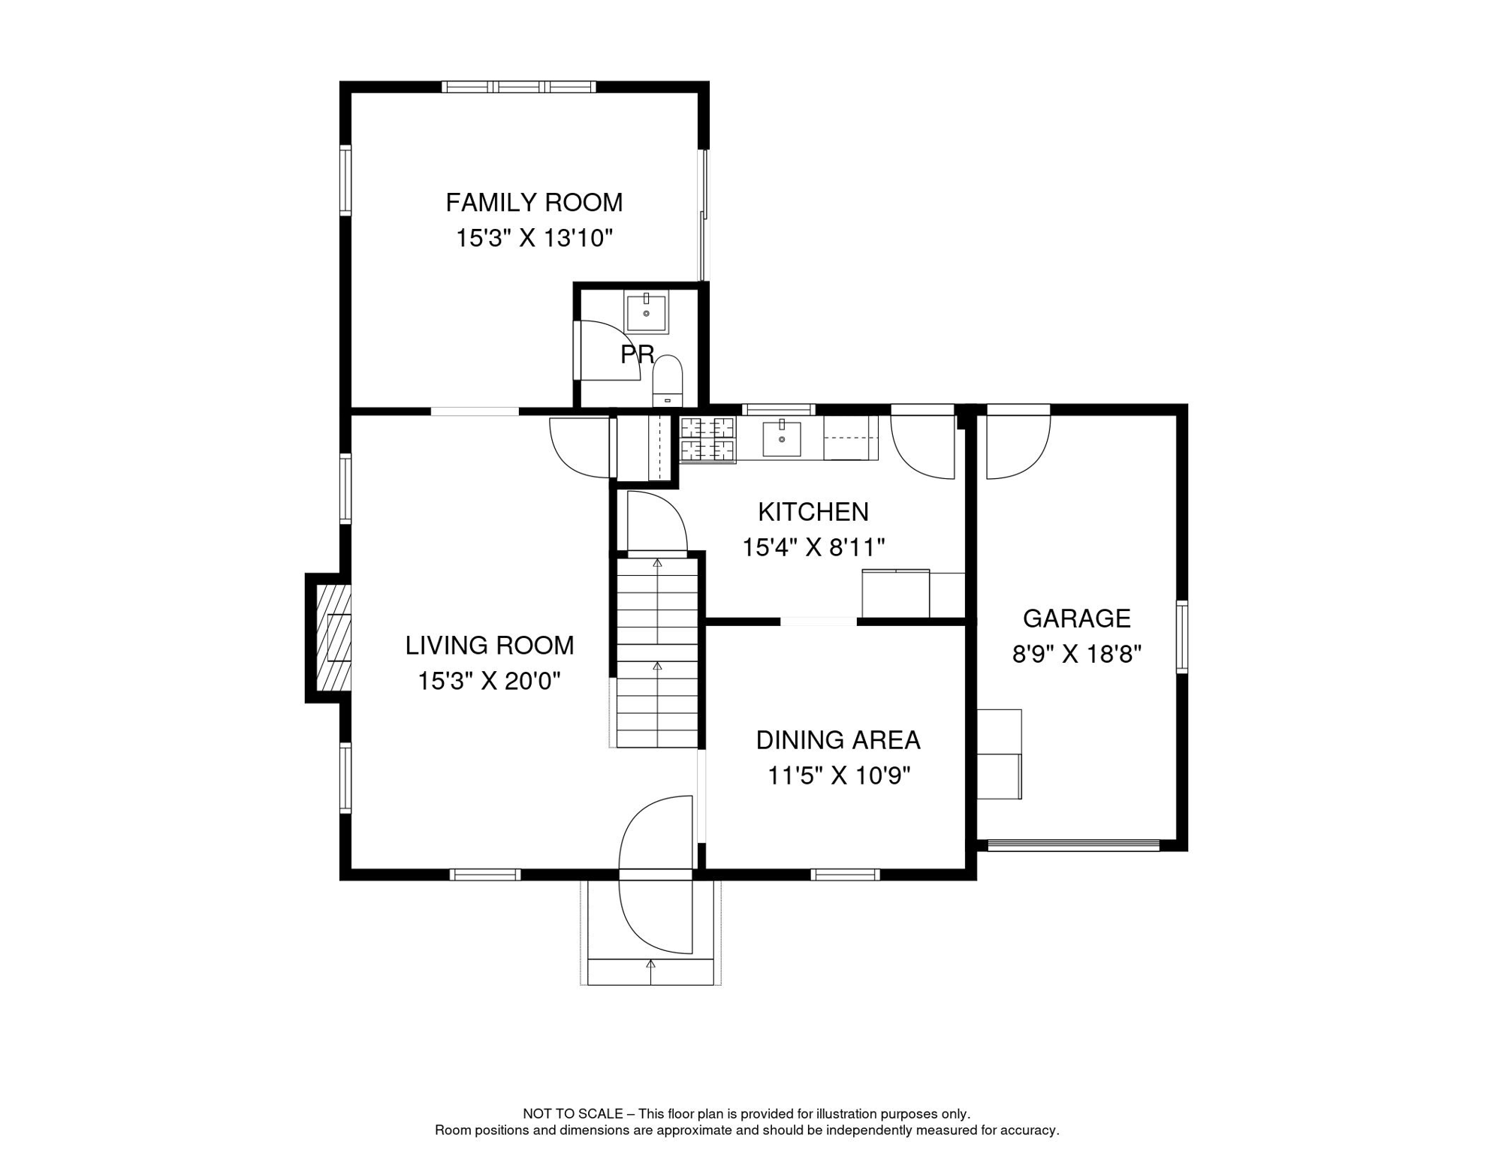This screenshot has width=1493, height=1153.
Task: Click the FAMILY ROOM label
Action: (534, 203)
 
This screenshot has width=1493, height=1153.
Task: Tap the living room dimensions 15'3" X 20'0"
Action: (489, 681)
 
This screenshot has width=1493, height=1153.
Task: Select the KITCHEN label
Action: (813, 512)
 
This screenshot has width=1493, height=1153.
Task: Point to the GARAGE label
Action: (1076, 619)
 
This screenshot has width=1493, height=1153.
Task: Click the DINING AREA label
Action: (838, 740)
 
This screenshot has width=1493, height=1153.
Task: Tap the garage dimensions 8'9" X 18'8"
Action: (1076, 655)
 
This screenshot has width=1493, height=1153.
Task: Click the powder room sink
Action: (646, 313)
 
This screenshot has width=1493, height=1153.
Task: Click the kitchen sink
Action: (781, 438)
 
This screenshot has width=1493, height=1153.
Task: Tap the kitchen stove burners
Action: (707, 439)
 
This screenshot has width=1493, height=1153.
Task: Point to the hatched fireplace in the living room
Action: (333, 638)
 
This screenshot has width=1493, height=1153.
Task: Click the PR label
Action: (637, 354)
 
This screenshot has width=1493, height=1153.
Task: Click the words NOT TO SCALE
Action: (573, 1114)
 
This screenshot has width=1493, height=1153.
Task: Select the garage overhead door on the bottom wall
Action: (1074, 845)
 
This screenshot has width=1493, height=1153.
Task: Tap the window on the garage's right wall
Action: (1181, 636)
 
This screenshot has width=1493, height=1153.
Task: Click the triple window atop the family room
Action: (519, 87)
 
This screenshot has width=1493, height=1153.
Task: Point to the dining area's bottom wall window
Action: (845, 875)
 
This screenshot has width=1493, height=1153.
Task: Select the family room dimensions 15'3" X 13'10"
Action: (534, 239)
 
